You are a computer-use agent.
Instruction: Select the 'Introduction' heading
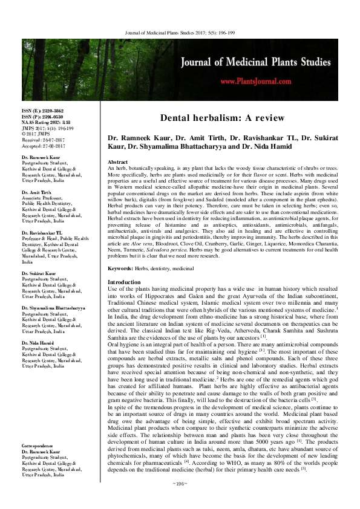pos(124,282)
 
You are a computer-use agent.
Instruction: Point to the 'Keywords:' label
pos(120,267)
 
